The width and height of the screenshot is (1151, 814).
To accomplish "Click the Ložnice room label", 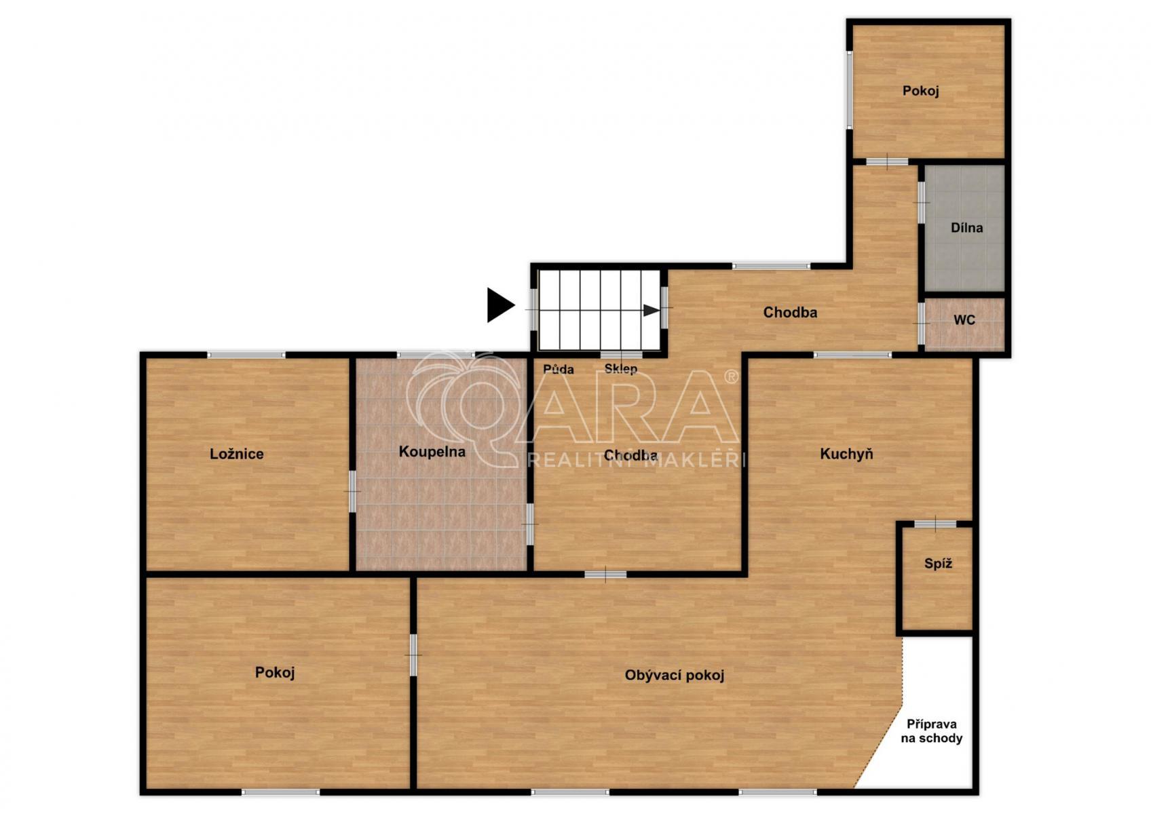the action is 236,454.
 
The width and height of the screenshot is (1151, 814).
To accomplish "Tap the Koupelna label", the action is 432,452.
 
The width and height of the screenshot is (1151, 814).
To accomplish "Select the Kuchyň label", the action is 846,454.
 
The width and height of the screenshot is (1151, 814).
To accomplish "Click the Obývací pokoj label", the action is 675,675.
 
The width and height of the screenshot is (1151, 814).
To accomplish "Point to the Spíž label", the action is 939,564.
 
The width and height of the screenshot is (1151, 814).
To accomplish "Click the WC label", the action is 964,320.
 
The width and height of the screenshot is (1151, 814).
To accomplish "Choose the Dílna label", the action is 966,227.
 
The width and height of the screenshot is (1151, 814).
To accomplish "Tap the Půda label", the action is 559,369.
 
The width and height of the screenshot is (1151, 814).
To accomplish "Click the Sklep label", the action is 621,369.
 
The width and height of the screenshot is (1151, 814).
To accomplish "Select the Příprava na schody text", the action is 932,731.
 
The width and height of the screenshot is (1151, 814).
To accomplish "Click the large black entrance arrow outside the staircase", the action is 501,305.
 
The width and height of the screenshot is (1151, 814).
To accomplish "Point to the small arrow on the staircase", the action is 652,310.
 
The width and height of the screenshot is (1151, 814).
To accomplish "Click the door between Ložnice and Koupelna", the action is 352,492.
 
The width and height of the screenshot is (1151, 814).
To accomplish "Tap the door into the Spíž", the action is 935,524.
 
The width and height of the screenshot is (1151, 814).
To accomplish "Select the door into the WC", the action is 922,324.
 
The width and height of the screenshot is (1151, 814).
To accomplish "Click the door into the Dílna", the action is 922,202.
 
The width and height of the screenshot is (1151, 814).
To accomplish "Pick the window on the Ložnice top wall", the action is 246,354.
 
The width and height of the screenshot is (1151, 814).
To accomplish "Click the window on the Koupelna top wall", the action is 436,354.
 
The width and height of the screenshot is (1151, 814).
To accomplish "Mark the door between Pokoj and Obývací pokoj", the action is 413,655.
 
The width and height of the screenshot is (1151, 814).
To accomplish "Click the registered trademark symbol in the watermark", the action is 731,376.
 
